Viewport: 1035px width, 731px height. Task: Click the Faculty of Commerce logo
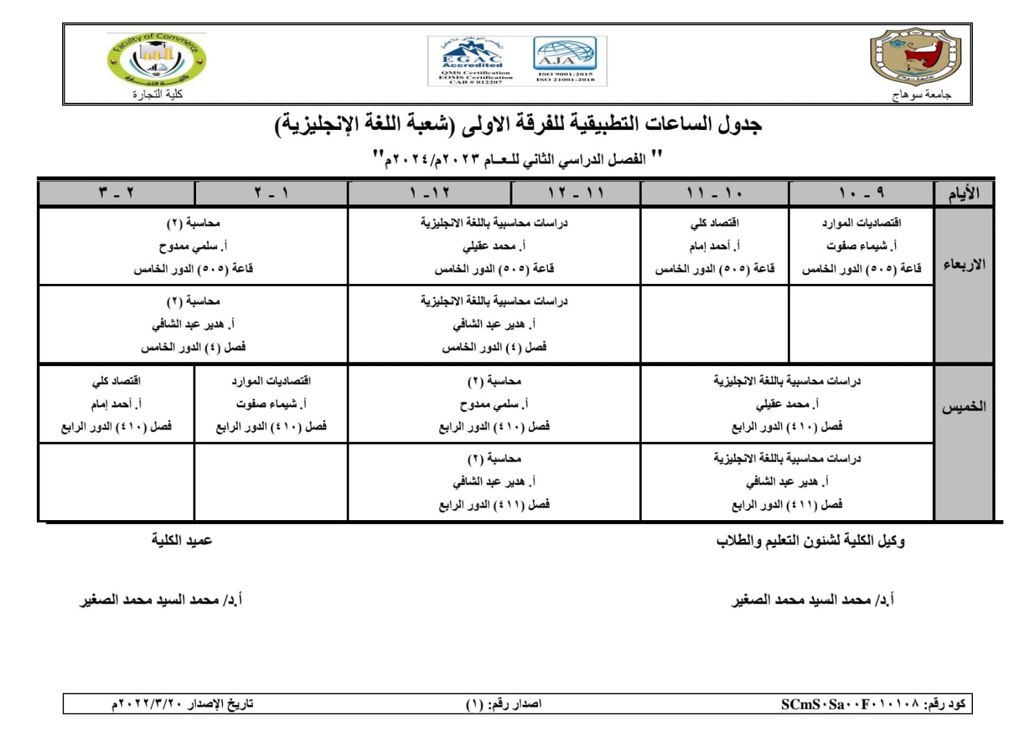(x=157, y=60)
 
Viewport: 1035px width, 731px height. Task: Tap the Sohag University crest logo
(x=915, y=57)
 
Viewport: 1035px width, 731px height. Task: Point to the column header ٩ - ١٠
(x=861, y=193)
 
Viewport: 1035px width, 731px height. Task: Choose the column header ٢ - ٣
(x=116, y=193)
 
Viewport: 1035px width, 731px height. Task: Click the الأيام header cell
(x=963, y=193)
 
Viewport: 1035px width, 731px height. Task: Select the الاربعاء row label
(x=964, y=265)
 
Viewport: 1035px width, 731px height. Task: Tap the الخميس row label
(x=964, y=407)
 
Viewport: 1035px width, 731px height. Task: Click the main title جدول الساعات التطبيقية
(x=518, y=124)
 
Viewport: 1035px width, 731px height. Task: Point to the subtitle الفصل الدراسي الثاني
(x=517, y=158)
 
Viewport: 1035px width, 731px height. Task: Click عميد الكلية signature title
(x=182, y=540)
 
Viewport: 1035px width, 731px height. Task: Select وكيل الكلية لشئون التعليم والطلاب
(x=810, y=541)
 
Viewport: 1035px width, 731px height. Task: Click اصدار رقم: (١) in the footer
(x=503, y=704)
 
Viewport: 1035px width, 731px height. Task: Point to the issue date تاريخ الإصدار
(x=182, y=704)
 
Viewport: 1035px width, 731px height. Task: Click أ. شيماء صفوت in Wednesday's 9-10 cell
(x=861, y=246)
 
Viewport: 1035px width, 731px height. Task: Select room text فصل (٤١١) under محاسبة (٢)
(x=494, y=504)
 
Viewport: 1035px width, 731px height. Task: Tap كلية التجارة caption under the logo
(x=157, y=94)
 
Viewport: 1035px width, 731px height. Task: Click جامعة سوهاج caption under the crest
(x=921, y=95)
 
